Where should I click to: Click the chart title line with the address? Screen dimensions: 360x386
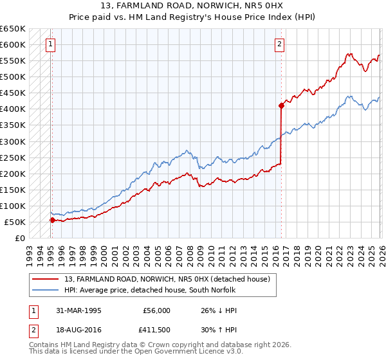click(192, 6)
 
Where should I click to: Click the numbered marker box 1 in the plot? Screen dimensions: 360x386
click(51, 44)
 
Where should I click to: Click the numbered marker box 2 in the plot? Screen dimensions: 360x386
click(280, 44)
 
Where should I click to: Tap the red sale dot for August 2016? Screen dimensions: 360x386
click(281, 105)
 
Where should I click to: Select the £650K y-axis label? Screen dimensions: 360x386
click(14, 29)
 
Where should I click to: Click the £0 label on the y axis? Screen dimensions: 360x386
click(20, 239)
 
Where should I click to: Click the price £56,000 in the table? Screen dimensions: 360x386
click(156, 310)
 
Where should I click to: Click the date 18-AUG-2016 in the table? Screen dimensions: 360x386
click(78, 330)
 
